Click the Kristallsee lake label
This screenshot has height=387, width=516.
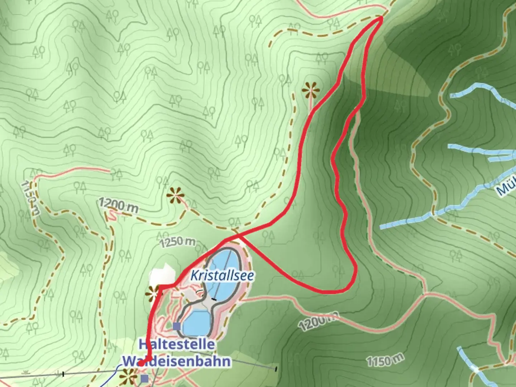222,276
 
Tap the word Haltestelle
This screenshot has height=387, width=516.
177,344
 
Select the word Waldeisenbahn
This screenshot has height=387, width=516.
176,360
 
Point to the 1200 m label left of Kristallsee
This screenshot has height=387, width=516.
118,205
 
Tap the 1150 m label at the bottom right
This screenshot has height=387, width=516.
385,359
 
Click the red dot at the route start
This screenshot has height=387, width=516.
141,363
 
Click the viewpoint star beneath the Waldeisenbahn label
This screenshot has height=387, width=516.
128,377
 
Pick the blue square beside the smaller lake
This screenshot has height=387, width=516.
176,326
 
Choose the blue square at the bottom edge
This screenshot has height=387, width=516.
144,378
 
